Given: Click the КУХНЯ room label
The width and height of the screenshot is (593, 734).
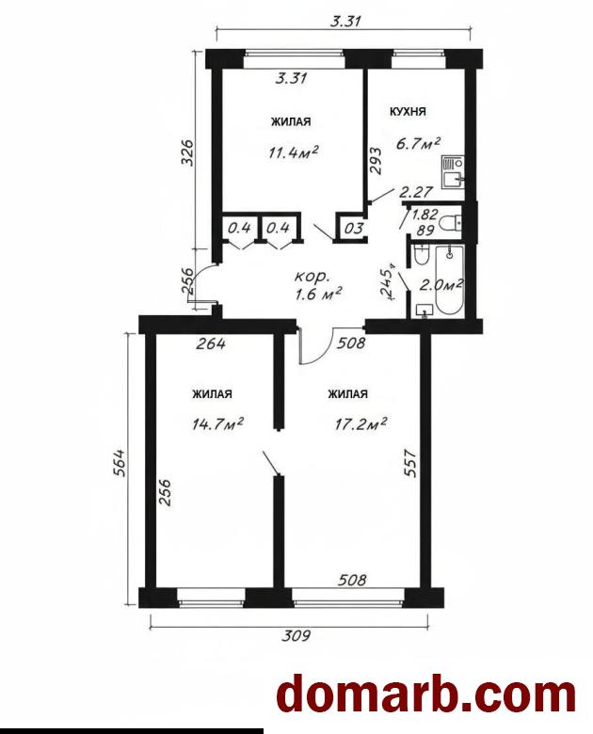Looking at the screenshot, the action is [x=408, y=111].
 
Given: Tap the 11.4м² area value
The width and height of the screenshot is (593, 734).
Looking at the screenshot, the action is [x=294, y=152].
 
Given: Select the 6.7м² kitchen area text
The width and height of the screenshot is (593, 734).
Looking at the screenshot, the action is [x=418, y=143].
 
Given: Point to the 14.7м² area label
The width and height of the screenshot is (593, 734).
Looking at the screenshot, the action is [x=217, y=424].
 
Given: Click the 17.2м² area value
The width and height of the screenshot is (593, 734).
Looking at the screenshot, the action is [x=361, y=424].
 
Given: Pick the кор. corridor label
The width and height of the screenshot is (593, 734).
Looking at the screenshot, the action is [x=311, y=277].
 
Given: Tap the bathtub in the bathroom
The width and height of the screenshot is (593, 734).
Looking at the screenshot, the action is [x=450, y=280].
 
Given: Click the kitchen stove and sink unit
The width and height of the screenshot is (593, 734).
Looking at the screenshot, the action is [x=453, y=172].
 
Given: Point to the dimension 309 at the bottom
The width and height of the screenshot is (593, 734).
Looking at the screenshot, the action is [x=296, y=636].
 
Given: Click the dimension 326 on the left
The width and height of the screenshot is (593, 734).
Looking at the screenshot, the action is [x=187, y=152].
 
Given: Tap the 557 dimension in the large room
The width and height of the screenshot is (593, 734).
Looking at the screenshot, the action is [x=409, y=463].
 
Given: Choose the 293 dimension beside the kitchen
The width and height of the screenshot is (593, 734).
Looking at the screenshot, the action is [x=376, y=161].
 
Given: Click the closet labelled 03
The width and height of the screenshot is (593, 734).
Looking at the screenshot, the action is [x=354, y=229].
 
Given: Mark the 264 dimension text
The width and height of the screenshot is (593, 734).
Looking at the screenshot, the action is [x=211, y=344].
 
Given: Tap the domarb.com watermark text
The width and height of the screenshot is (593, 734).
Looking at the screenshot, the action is [x=425, y=695].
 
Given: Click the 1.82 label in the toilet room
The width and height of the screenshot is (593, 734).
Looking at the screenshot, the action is [x=425, y=215].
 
